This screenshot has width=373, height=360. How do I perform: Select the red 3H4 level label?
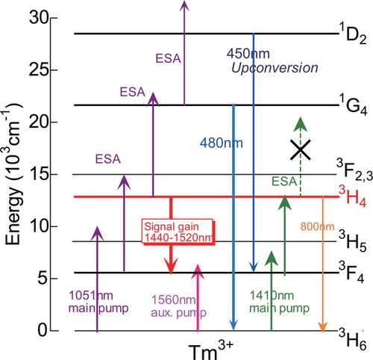point(353,196)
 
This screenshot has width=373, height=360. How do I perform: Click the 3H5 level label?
point(353,241)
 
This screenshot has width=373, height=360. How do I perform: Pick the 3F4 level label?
point(352,272)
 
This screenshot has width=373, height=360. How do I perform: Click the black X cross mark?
point(301,149)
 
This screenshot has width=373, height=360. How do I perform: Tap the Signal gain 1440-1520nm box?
point(178,232)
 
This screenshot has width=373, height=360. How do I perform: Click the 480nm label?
point(222,143)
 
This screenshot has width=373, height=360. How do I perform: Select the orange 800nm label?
point(317,226)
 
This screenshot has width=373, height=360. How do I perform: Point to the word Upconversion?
point(275,68)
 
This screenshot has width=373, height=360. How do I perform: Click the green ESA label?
point(284,181)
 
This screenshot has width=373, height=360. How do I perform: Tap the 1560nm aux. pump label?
point(178,306)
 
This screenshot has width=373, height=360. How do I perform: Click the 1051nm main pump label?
point(98,302)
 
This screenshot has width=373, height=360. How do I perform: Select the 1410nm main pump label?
point(279,302)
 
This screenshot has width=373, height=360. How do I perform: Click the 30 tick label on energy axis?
point(39,18)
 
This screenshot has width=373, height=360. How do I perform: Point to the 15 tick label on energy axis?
point(39,174)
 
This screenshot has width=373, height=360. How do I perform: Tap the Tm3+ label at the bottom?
point(211,350)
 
